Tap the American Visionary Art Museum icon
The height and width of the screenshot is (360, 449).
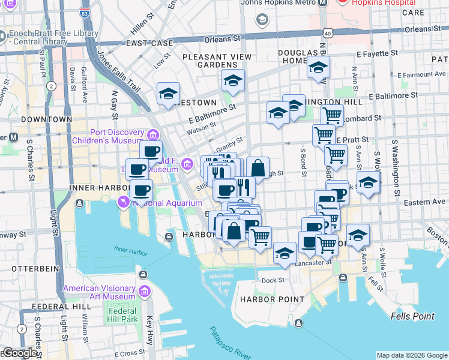pos(144,292)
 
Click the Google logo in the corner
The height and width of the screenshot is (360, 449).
pos(19,353)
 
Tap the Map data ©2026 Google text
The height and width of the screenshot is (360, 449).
pos(412,355)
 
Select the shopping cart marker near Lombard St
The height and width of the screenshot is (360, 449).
pos(332,114)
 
